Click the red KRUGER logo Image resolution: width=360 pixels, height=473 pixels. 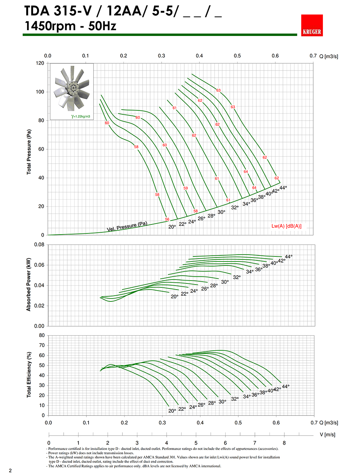pos(312,26)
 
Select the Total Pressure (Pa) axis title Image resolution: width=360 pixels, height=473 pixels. pos(29,152)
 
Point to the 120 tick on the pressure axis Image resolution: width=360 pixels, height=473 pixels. pos(40,63)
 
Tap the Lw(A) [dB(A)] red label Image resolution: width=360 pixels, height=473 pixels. pos(286,226)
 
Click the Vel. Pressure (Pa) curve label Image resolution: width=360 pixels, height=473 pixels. pos(127,227)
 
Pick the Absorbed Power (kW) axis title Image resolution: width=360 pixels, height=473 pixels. pos(29,284)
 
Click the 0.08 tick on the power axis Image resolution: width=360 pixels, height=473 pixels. pos(39,245)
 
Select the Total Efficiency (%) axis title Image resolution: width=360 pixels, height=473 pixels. pos(29,374)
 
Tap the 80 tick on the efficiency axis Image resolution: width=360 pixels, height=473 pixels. pos(42,336)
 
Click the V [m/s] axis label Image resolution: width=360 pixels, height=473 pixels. pos(327,435)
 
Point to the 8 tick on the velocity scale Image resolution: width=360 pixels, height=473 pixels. pos(284,443)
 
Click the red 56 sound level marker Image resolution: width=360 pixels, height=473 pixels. pos(167,219)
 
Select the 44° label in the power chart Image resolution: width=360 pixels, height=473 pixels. pos(289,257)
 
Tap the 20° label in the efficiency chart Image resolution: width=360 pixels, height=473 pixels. pos(172,411)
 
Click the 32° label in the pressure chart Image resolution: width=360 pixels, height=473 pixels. pos(235,208)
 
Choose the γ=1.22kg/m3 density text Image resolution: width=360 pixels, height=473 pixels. pos(81,117)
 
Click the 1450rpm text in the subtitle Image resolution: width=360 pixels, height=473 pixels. pos(50,26)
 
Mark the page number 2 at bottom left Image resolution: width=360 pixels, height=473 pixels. pos(10,470)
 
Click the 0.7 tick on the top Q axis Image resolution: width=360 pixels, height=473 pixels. pos(313,56)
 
